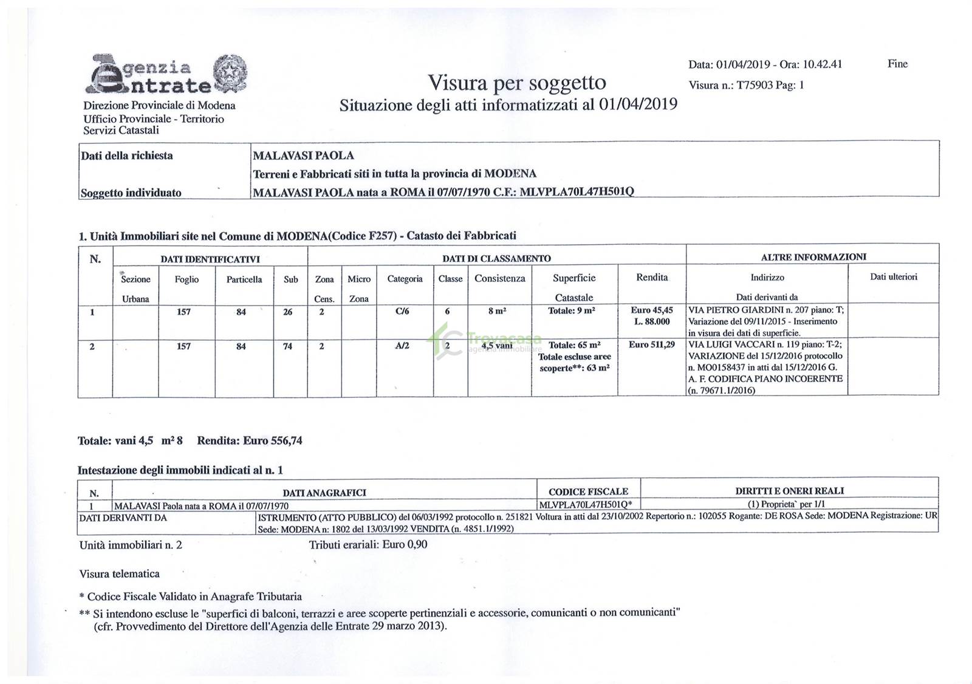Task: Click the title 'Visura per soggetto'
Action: pos(516,82)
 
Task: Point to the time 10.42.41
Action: pos(822,64)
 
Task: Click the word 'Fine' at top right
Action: pos(897,64)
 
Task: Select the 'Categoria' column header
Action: pos(405,279)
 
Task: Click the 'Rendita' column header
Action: pos(651,278)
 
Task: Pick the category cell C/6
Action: pos(402,312)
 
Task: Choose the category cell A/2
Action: pos(402,346)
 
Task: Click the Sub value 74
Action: pos(287,346)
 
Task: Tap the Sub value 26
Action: pos(287,312)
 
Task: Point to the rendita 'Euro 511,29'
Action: pos(651,345)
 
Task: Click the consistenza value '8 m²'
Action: pos(497,311)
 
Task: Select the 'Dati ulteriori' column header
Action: pos(893,277)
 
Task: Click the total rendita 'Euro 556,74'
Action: pos(272,440)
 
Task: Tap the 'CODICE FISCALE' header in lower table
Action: pos(587,492)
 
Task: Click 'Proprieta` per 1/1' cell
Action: pos(788,504)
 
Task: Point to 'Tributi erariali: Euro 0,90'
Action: pos(368,544)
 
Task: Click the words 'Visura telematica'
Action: pos(119,573)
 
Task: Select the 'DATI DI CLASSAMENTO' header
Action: pos(496,258)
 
